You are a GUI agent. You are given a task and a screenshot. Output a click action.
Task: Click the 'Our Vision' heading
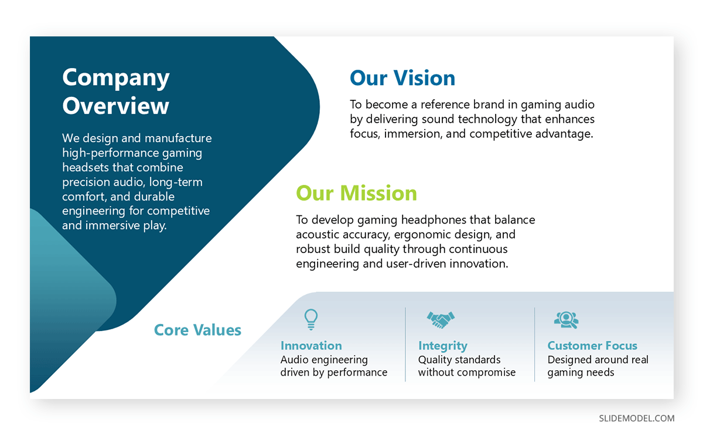(x=402, y=78)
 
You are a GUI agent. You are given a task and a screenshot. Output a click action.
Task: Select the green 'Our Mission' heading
(x=356, y=193)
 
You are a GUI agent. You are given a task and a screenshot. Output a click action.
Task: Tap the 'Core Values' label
(x=197, y=330)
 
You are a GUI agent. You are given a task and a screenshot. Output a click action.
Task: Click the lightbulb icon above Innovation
(x=310, y=319)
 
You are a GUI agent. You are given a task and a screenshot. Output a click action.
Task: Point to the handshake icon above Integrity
(x=441, y=320)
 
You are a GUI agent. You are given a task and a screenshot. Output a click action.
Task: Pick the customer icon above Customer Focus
(x=566, y=319)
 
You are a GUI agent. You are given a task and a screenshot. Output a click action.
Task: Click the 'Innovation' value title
(x=311, y=346)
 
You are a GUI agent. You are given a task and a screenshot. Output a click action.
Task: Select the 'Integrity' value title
(x=442, y=346)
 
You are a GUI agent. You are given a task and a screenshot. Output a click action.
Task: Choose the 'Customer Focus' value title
(x=592, y=346)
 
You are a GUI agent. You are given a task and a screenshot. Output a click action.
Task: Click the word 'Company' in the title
(x=115, y=77)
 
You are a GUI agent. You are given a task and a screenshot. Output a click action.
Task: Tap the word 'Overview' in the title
(x=115, y=106)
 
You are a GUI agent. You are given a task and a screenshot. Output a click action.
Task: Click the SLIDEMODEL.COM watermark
(x=636, y=418)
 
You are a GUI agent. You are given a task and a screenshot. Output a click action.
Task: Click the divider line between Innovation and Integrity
(x=405, y=344)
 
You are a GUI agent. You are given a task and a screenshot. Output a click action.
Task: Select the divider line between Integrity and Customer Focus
(x=535, y=344)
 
